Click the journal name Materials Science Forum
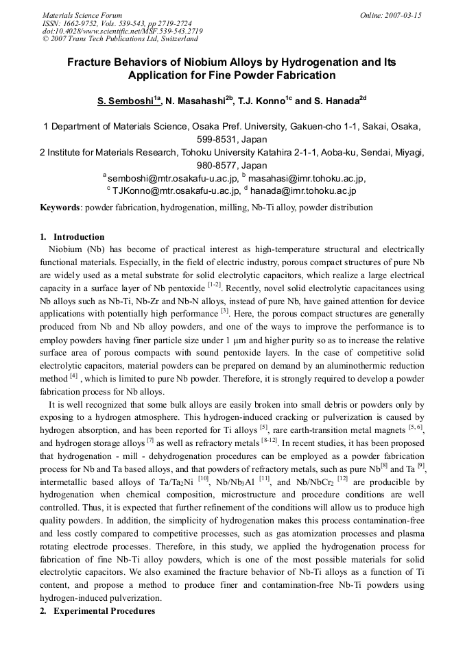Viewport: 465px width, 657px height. click(x=82, y=15)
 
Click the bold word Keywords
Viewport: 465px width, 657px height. click(x=60, y=208)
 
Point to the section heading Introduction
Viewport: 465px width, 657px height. click(x=79, y=237)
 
